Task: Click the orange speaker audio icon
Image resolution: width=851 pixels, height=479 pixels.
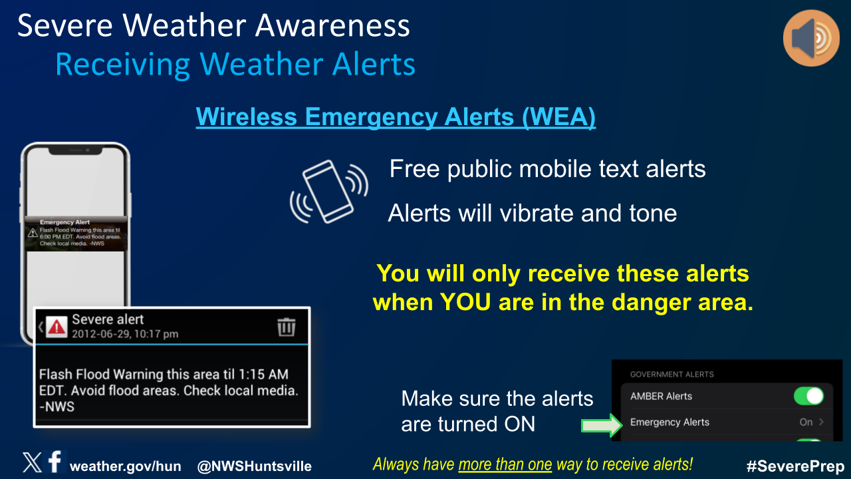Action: point(811,38)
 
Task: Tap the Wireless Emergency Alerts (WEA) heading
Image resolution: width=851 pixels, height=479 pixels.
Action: point(396,116)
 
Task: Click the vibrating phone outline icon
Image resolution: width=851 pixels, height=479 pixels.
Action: point(329,192)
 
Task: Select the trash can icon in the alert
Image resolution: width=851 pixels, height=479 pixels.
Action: point(286,327)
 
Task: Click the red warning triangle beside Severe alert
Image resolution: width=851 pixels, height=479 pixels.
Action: point(57,327)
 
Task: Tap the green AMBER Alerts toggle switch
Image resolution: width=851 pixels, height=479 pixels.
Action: point(808,396)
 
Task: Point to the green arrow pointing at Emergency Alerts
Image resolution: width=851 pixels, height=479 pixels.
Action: point(602,425)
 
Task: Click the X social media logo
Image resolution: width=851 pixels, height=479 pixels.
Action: point(32,462)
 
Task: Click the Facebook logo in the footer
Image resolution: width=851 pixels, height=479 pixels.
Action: point(55,462)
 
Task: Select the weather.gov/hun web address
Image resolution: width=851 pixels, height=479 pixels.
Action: point(126,466)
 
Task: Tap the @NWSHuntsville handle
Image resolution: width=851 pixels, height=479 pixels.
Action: point(254,466)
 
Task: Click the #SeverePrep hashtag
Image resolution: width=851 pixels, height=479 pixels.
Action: point(795,466)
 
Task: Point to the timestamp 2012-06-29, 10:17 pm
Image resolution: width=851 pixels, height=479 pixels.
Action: point(125,334)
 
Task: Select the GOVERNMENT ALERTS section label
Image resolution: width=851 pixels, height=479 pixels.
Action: point(671,375)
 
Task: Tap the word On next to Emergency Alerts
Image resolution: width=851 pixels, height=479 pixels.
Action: point(806,422)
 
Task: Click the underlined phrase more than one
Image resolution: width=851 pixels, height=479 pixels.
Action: point(505,464)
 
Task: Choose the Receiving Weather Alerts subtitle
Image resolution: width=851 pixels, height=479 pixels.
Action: point(235,65)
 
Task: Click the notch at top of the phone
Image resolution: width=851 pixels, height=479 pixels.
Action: point(76,150)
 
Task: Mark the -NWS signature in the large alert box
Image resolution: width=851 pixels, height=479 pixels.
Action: point(57,406)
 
